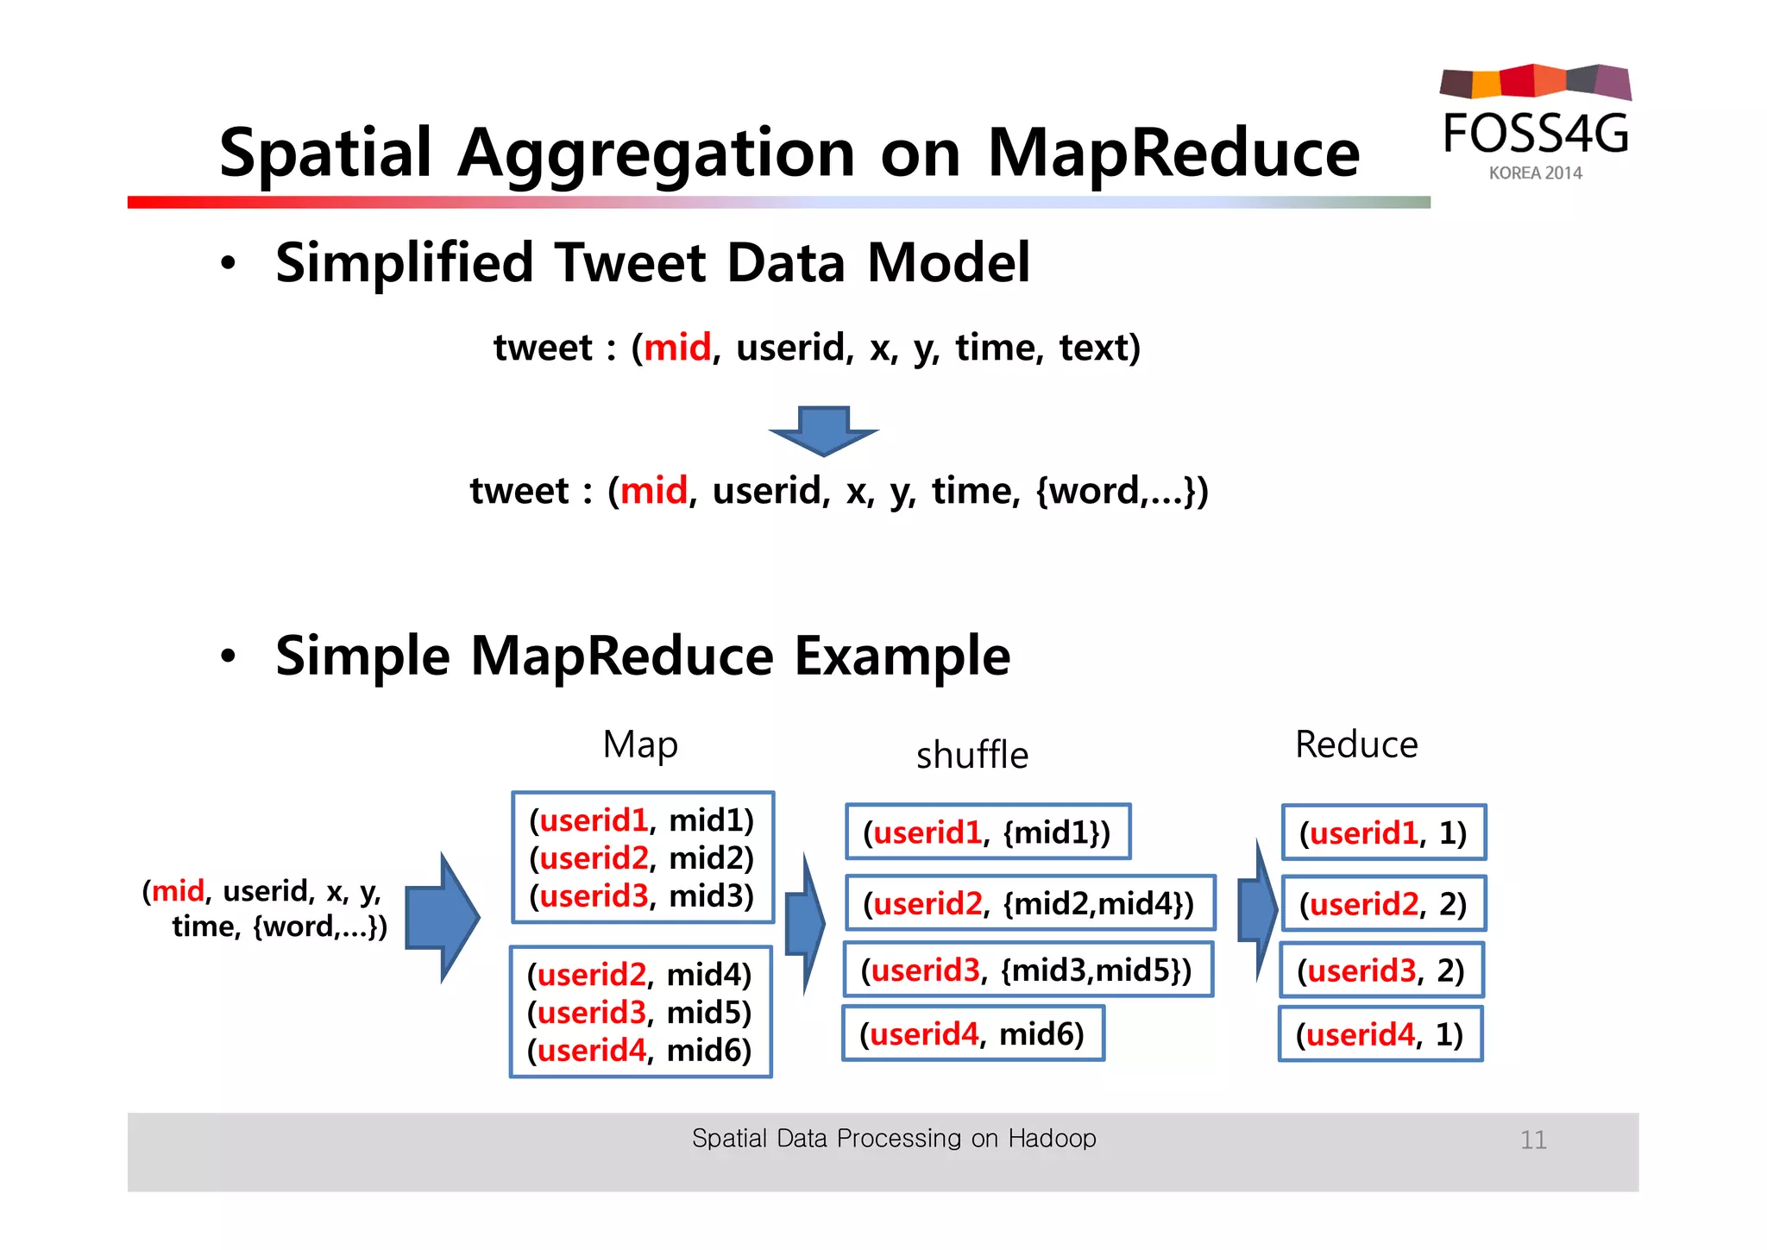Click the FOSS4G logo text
pos(1536,134)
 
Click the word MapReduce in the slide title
pos(1173,154)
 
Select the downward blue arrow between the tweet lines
pos(824,430)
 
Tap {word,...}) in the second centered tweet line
pos(1122,491)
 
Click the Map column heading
pos(640,744)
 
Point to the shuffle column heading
pos(972,755)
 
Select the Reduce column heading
pos(1355,744)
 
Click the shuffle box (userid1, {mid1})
pos(987,832)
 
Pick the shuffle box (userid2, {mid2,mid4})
pos(1029,903)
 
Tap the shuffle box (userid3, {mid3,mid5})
pos(1027,970)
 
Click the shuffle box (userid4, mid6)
pos(972,1033)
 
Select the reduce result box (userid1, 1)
pos(1383,832)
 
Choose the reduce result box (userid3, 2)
pos(1380,970)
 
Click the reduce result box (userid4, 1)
pos(1380,1033)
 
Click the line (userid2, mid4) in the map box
pos(639,975)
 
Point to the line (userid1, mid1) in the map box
pos(641,820)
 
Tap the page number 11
pos(1532,1140)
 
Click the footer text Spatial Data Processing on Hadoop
pos(894,1139)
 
